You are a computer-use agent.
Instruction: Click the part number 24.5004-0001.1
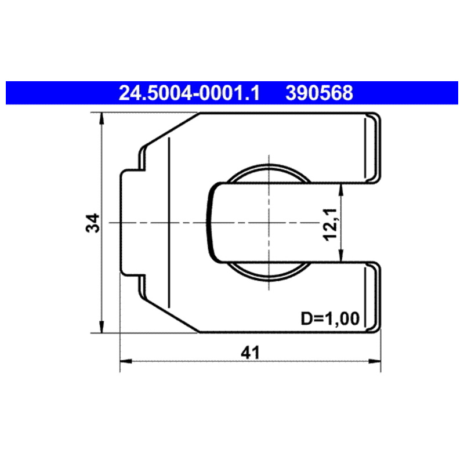190,93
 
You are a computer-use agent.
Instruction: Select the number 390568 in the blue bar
319,93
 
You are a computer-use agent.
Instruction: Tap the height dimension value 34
92,223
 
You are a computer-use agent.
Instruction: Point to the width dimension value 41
250,353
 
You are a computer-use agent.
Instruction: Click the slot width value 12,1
330,225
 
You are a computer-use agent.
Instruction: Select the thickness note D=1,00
330,318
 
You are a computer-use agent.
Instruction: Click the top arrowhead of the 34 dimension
101,118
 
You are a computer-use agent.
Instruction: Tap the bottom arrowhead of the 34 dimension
101,327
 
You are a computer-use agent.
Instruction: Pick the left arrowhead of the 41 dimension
126,361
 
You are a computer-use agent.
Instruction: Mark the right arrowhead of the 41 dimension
375,361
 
